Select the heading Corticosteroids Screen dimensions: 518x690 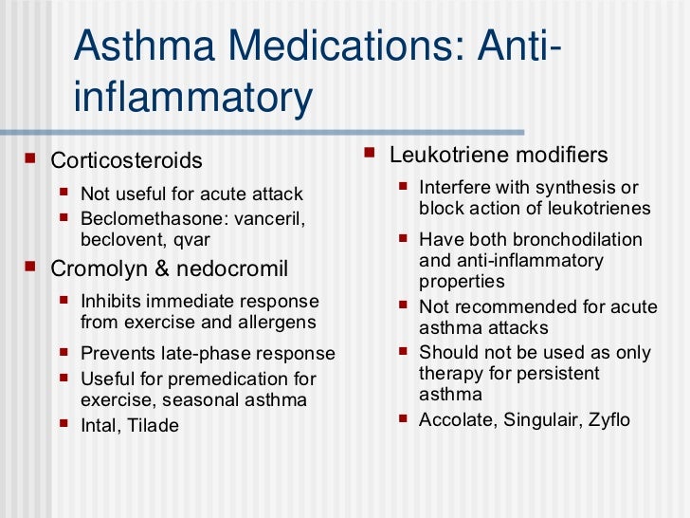(126, 159)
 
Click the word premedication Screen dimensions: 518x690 (210, 379)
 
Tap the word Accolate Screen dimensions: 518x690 (454, 418)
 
